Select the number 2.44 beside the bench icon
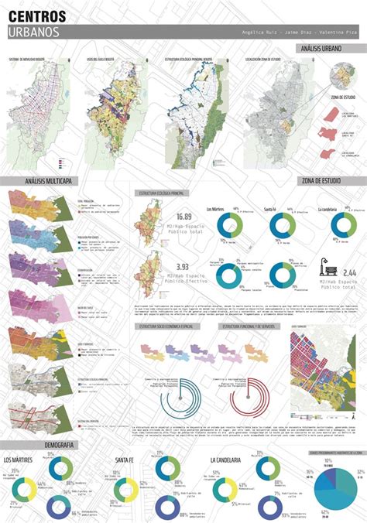coord(349,272)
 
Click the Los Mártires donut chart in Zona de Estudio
coord(230,224)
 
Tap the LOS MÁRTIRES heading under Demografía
coord(20,461)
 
